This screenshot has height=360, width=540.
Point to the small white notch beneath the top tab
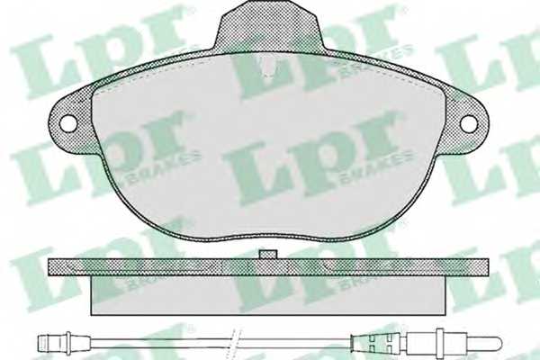point(269,63)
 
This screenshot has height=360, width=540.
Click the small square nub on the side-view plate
point(268,255)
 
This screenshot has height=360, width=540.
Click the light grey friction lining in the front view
point(270,153)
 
